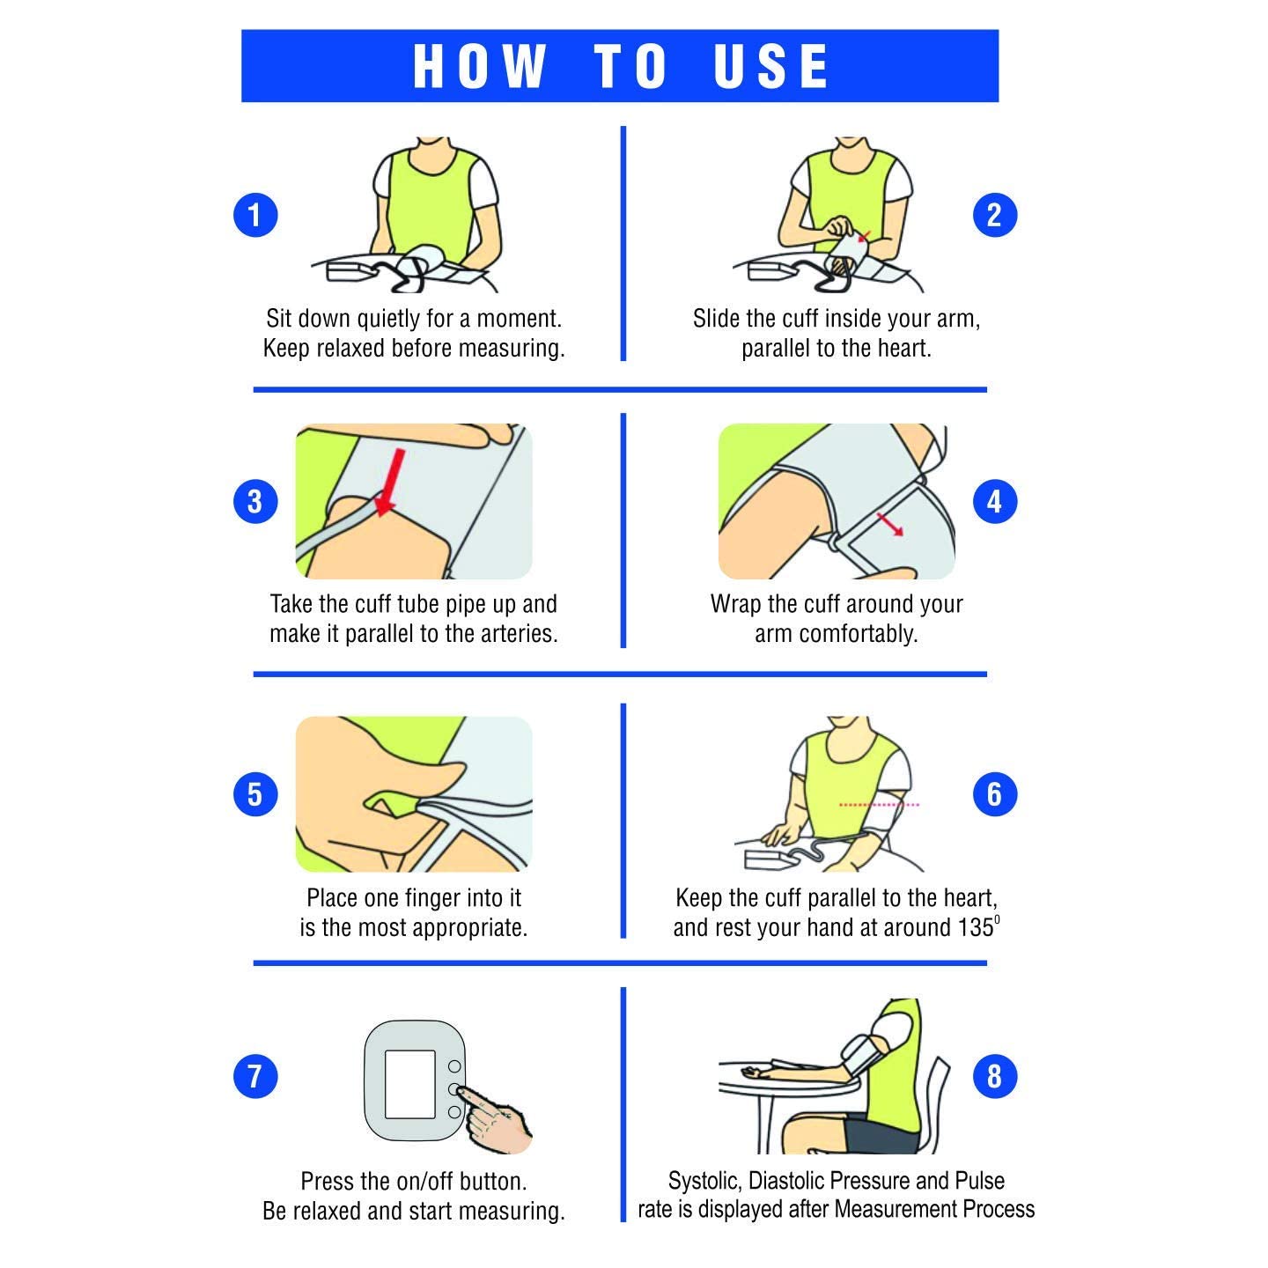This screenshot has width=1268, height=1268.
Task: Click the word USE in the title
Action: coord(770,66)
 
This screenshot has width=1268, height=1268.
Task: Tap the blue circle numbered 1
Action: coord(255,215)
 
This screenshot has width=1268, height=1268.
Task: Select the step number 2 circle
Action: coord(994,215)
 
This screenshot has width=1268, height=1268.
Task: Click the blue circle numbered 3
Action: coord(255,501)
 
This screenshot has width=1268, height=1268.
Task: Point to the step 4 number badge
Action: coord(994,501)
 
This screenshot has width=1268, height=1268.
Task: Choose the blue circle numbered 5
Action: coord(255,794)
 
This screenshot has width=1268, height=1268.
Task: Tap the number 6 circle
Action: coord(994,794)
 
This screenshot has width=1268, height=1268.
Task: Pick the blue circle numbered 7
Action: coord(255,1077)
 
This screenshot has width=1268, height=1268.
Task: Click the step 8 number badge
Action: coord(994,1077)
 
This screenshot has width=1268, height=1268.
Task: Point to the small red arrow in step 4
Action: coord(889,525)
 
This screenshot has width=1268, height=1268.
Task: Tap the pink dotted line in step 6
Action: coord(879,804)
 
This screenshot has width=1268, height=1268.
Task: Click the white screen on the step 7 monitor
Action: coord(410,1084)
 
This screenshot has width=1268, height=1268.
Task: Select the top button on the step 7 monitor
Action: coord(454,1066)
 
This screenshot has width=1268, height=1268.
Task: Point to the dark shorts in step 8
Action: coord(882,1133)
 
